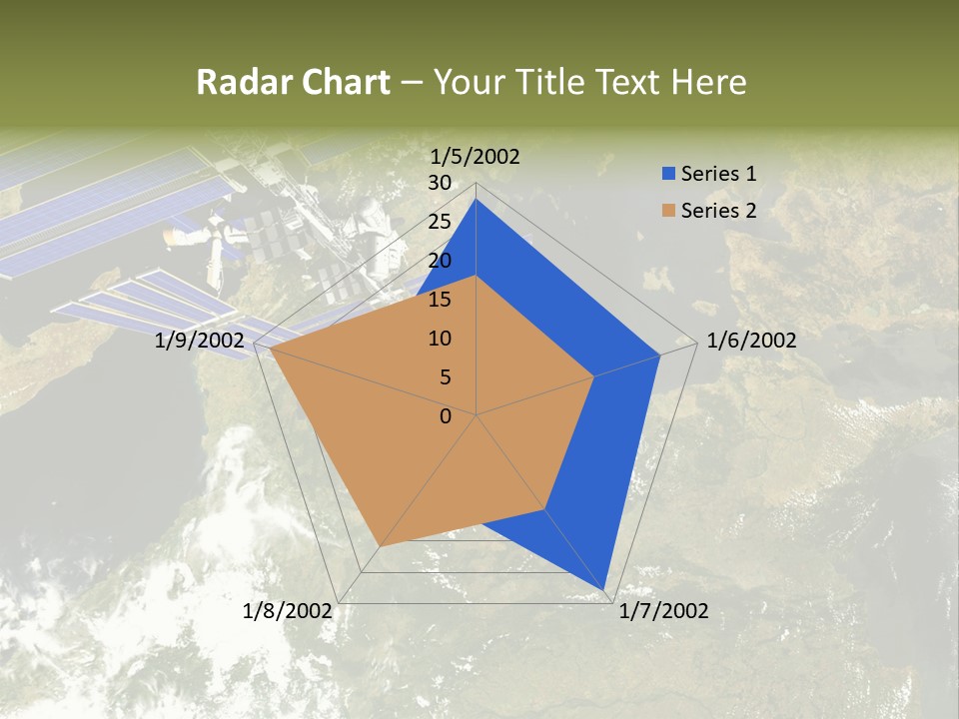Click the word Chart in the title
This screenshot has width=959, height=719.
coord(342,82)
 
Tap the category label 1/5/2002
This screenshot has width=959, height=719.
coord(475,156)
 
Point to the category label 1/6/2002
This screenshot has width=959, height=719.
coord(751,341)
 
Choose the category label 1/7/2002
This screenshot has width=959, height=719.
coord(663,611)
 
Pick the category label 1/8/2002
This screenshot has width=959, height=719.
coord(288,611)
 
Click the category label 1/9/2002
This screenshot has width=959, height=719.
coord(199,342)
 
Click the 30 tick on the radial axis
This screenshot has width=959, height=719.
coord(440,183)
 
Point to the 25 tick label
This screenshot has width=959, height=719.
coord(440,222)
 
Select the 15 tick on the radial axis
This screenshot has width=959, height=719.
coord(440,300)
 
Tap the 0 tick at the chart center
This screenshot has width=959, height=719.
coord(446,416)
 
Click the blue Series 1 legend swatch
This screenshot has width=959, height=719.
coord(668,174)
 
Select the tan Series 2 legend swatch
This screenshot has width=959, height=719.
coord(668,211)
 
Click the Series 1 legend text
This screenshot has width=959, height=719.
coord(718,174)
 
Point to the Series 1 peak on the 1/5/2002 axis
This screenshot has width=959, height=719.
coord(477,200)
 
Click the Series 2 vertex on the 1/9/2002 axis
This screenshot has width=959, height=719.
coord(270,349)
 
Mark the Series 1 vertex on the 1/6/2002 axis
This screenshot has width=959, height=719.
coord(660,355)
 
